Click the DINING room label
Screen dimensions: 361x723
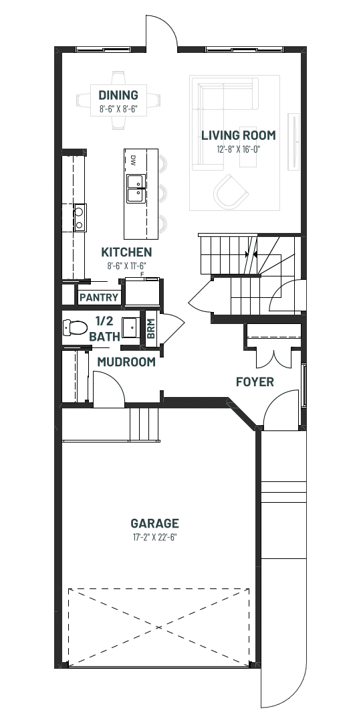point(118,95)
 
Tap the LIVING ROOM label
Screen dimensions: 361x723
point(239,135)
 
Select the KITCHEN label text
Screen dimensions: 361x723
point(126,252)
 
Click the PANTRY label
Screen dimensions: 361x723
point(99,297)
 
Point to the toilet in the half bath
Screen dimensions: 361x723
point(75,328)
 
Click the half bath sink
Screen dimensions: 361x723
point(131,327)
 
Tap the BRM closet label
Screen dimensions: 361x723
point(151,328)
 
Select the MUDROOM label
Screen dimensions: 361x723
point(126,362)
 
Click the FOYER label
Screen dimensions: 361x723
point(255,382)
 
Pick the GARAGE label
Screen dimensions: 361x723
point(154,524)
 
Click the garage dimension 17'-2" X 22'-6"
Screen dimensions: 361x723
point(154,537)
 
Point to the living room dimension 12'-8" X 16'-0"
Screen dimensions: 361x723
point(239,149)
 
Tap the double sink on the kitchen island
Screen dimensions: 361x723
point(136,189)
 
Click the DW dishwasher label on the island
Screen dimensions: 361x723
point(133,161)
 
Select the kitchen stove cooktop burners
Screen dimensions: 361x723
point(80,218)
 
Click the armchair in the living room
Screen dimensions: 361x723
point(231,191)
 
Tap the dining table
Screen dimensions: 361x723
point(118,100)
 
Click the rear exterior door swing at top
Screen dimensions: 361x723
point(162,31)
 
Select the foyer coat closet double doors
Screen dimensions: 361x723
point(274,359)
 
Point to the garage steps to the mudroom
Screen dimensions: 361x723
point(144,424)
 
